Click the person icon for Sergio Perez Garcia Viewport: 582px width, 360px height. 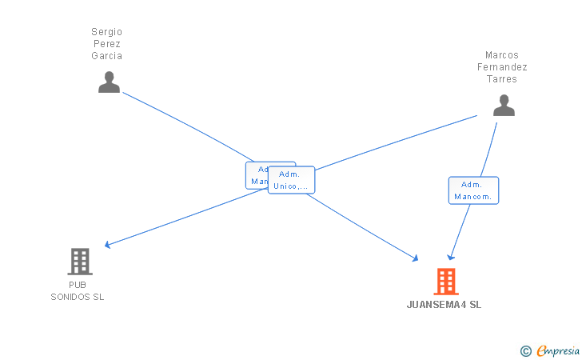[109, 82]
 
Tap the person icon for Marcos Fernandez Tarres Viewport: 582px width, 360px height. [504, 106]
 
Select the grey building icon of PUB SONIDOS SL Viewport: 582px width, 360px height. [79, 261]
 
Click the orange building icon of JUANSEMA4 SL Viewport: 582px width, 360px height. [446, 281]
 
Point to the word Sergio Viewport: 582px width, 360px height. [106, 32]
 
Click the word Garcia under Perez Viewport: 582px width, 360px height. [106, 56]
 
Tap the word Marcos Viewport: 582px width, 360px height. [502, 55]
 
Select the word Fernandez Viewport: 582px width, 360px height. [502, 67]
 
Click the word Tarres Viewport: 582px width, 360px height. [502, 79]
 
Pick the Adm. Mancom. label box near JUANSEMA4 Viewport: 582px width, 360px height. [473, 190]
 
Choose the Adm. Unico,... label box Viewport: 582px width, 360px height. [291, 180]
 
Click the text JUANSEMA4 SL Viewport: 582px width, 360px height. [444, 305]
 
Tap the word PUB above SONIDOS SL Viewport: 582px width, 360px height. [78, 285]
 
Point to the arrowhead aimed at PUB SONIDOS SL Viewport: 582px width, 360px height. [107, 245]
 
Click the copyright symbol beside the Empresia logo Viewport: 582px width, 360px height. [525, 350]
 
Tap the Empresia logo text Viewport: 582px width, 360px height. [557, 350]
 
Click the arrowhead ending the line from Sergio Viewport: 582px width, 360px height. [415, 258]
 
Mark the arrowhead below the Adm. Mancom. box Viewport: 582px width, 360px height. [451, 257]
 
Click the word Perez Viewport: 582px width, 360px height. [106, 44]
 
